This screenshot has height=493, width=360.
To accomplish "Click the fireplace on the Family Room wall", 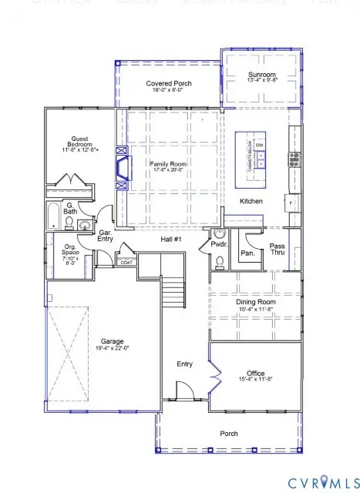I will pyautogui.click(x=120, y=168).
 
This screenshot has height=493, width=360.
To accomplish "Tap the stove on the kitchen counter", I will pyautogui.click(x=294, y=159).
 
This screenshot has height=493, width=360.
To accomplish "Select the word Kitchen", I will pyautogui.click(x=251, y=201).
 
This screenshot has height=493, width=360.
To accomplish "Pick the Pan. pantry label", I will pyautogui.click(x=247, y=252).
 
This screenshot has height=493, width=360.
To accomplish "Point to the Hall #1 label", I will pyautogui.click(x=171, y=240).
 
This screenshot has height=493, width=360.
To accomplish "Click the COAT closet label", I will pyautogui.click(x=126, y=263).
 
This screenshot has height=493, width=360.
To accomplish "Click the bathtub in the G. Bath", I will pyautogui.click(x=56, y=216).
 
